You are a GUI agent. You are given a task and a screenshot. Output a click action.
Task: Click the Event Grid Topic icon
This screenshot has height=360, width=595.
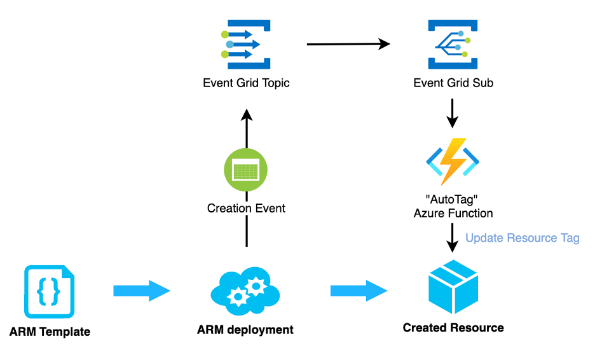(246, 44)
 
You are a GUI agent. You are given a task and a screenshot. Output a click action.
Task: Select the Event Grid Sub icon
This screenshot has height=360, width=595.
(453, 44)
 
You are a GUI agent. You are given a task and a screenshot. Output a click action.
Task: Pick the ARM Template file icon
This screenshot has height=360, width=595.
(50, 292)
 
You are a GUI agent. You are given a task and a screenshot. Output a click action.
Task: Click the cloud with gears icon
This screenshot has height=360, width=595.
(245, 292)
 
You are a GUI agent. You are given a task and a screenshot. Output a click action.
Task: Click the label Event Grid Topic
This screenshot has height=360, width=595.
(246, 83)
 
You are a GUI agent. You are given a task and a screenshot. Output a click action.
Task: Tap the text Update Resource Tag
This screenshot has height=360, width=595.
(522, 238)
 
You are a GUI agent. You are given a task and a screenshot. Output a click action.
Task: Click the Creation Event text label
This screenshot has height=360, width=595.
(246, 208)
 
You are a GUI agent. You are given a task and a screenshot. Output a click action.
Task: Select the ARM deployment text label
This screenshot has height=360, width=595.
(245, 329)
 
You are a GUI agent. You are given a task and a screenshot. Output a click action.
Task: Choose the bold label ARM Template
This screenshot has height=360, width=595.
(50, 331)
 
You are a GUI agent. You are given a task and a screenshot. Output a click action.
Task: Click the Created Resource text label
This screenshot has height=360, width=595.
(453, 328)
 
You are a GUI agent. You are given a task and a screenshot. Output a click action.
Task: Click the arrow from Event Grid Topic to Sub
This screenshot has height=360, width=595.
(348, 44)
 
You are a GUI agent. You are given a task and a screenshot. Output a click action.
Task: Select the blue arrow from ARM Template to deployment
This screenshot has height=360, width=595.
(141, 291)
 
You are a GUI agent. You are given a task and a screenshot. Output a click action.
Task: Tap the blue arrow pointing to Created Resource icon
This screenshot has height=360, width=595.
(358, 291)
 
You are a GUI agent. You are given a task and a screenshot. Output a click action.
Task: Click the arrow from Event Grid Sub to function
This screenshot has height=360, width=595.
(452, 113)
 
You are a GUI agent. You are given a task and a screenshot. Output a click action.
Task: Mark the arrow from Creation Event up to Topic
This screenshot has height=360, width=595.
(247, 130)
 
